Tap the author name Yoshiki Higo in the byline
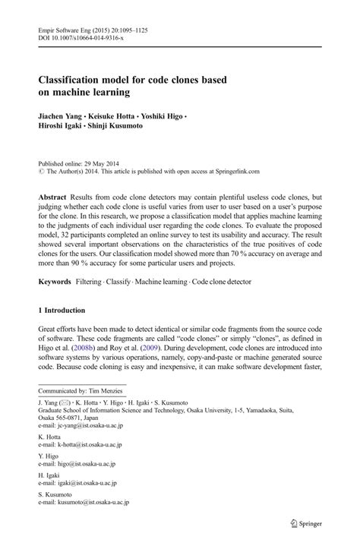tap(167, 118)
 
